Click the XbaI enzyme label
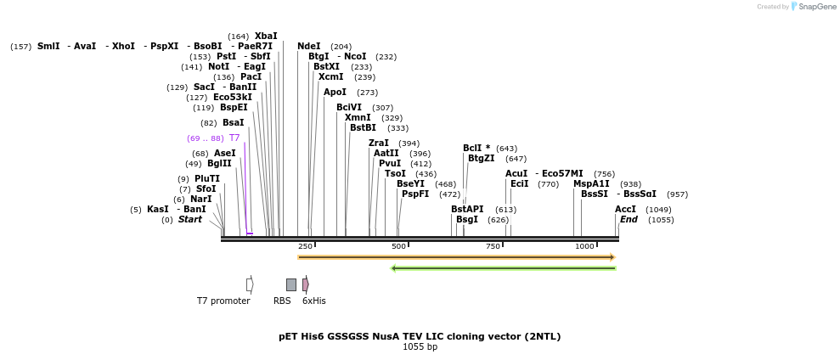click(266, 36)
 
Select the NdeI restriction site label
click(309, 46)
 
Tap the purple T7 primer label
click(234, 138)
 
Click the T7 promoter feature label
click(223, 301)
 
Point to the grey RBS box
click(291, 284)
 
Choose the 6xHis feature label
click(314, 301)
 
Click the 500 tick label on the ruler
click(398, 246)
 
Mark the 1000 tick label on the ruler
click(584, 246)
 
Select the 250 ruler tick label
click(305, 246)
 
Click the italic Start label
click(190, 219)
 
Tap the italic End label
click(629, 219)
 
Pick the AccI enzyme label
click(625, 209)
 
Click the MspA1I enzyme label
click(591, 183)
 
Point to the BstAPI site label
click(467, 209)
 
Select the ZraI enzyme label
click(379, 143)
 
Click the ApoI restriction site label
click(335, 92)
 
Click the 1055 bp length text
click(420, 346)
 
